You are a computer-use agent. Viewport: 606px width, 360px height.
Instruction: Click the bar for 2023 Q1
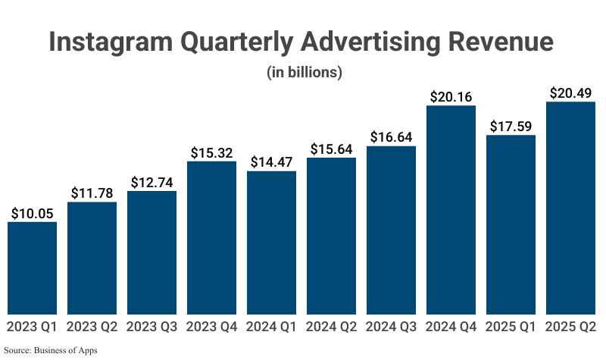pos(32,268)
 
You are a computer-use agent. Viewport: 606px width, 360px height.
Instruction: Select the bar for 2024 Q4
pos(451,210)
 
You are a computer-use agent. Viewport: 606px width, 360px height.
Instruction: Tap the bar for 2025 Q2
pos(570,208)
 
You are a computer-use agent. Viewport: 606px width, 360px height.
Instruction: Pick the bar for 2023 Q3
pos(151,252)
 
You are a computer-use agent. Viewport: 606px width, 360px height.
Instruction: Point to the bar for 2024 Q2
pos(331,236)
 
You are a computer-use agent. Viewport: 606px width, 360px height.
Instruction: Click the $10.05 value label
pos(32,214)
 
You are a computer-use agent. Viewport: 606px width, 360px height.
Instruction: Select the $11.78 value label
pos(92,193)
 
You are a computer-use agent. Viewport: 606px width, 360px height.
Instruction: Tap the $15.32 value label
pos(211,153)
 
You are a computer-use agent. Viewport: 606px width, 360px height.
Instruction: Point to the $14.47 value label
pos(271,163)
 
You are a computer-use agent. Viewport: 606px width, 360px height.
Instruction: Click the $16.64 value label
pos(391,137)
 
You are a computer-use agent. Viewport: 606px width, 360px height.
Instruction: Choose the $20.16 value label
pos(451,97)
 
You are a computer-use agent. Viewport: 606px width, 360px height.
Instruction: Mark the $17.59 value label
pos(511,127)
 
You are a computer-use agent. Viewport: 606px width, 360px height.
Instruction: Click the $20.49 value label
pos(570,93)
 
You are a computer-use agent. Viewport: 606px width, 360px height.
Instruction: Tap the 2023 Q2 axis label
pos(92,327)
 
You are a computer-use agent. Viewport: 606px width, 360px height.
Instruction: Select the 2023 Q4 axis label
pos(211,327)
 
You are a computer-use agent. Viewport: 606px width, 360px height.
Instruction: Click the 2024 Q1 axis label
pos(271,327)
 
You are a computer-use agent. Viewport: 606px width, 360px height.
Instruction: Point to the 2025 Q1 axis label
pos(511,327)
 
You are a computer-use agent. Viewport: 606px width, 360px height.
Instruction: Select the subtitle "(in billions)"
pos(305,73)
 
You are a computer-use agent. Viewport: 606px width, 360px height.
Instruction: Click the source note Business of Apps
pos(70,350)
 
